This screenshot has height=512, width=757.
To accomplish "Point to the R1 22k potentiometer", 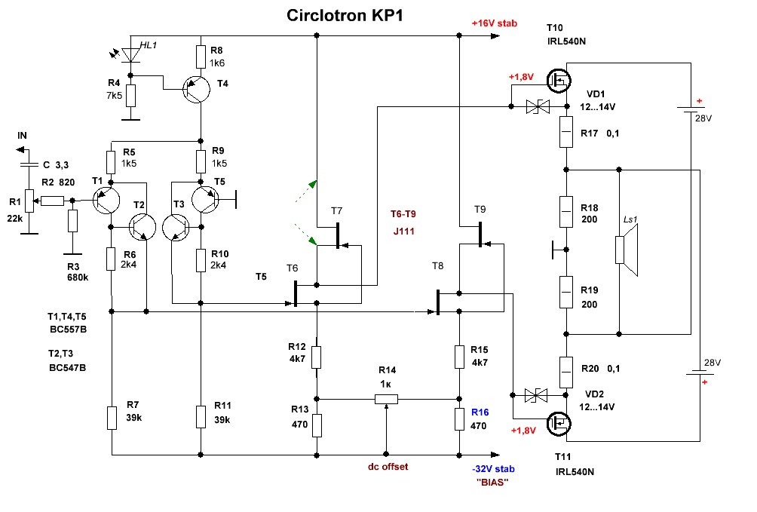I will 29,201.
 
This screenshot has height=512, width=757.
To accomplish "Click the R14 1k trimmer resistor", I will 386,398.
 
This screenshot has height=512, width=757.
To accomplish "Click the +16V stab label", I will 494,23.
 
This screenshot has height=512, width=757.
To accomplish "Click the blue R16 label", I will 480,412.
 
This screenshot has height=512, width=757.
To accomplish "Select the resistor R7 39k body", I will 112,417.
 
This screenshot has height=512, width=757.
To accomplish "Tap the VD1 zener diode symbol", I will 536,108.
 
